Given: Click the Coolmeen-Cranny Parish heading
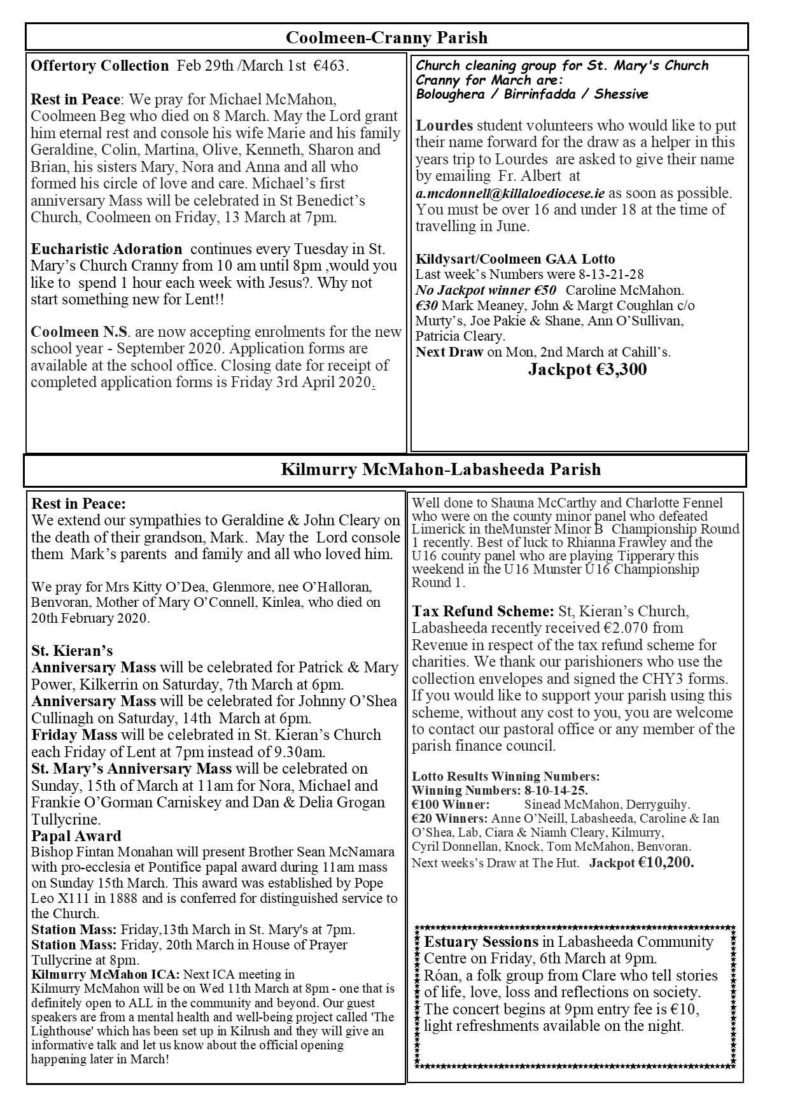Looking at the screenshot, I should tap(386, 38).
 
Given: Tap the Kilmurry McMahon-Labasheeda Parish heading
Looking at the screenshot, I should tap(440, 470).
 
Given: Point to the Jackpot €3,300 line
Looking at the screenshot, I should tap(587, 370).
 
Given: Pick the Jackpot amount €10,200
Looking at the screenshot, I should tap(666, 863).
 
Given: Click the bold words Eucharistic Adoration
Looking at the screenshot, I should tap(106, 249).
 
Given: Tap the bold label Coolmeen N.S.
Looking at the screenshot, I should tap(80, 332).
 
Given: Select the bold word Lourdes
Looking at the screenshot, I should tap(444, 125).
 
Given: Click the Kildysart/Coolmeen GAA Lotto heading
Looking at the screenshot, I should tap(515, 259).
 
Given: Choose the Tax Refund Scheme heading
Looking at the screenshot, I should tap(483, 611).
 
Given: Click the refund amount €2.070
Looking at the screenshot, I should tap(643, 628).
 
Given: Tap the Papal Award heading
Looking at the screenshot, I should tap(76, 836).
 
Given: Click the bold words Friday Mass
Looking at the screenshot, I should tap(74, 735).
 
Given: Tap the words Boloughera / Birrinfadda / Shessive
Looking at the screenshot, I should tap(532, 94).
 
